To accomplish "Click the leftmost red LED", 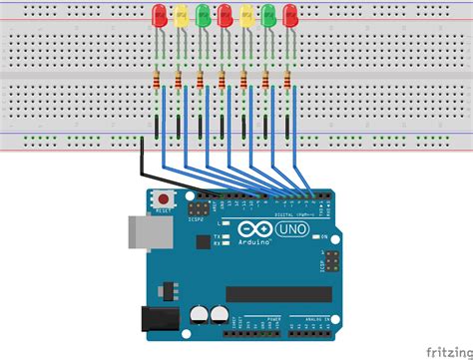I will [159, 16].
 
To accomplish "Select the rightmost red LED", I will [290, 16].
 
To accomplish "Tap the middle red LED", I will [225, 16].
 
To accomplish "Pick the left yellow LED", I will [181, 16].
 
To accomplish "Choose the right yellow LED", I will [246, 16].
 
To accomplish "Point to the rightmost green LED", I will [268, 16].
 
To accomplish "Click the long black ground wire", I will [143, 160].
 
